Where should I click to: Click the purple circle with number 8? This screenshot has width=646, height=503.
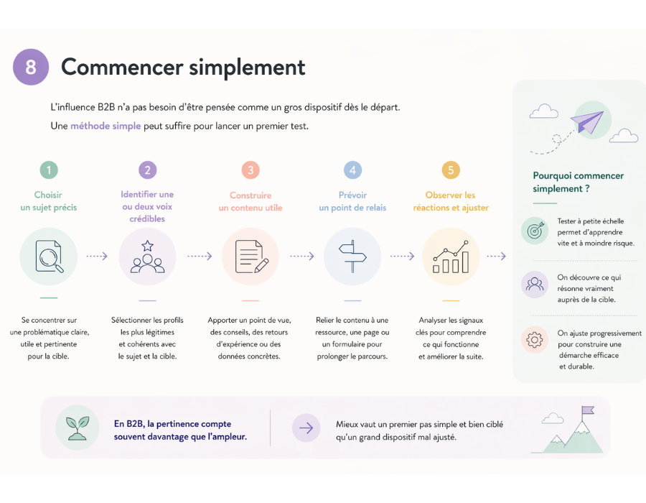[x=31, y=67]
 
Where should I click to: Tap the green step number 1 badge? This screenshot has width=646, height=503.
[x=49, y=170]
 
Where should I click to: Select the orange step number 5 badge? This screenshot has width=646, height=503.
[x=451, y=170]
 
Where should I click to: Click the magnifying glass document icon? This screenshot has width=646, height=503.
[x=49, y=257]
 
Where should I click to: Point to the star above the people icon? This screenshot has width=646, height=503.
[x=147, y=246]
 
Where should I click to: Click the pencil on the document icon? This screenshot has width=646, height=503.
[x=261, y=266]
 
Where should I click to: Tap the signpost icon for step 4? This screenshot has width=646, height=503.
[x=352, y=257]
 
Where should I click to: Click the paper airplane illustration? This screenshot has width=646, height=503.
[x=587, y=121]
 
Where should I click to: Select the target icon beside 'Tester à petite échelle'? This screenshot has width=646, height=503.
[x=535, y=231]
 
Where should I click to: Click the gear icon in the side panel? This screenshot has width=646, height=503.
[x=534, y=340]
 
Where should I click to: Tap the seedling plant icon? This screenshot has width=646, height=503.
[x=78, y=428]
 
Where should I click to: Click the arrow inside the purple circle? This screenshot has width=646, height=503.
[x=306, y=428]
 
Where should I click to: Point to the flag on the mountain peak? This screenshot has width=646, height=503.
[x=588, y=410]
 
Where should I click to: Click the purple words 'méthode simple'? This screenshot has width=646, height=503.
[x=106, y=126]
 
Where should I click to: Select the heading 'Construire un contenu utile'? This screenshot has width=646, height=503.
[x=251, y=202]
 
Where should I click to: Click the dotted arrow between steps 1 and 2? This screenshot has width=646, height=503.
[x=97, y=256]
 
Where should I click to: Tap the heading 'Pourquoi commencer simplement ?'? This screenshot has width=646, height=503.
[x=578, y=182]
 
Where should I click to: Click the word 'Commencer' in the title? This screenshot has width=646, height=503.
[x=122, y=67]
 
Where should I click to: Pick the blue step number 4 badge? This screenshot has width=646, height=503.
[x=352, y=170]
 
